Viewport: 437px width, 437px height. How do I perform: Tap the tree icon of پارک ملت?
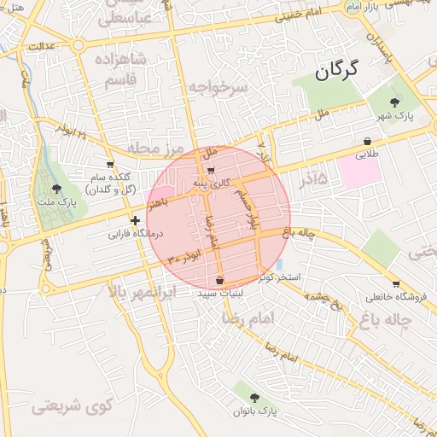pyautogui.click(x=56, y=189)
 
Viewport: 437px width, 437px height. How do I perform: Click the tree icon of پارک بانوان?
pyautogui.click(x=257, y=396)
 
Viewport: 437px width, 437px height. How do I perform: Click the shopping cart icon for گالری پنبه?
pyautogui.click(x=211, y=170)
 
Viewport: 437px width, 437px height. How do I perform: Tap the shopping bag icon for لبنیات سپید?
pyautogui.click(x=220, y=279)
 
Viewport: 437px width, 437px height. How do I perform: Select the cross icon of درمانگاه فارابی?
pyautogui.click(x=135, y=220)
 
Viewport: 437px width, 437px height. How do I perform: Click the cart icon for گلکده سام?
pyautogui.click(x=110, y=164)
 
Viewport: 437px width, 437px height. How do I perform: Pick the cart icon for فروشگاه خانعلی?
pyautogui.click(x=396, y=284)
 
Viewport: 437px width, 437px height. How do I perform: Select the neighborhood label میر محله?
pyautogui.click(x=156, y=149)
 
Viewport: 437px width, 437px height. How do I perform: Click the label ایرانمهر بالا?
pyautogui.click(x=143, y=292)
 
